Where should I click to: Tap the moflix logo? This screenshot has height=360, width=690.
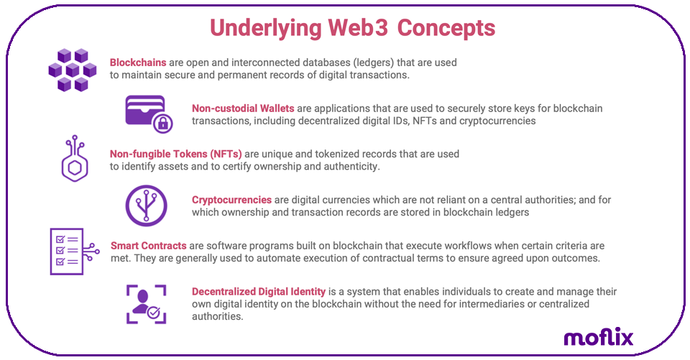click(x=598, y=336)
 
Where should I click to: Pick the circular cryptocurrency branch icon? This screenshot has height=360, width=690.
click(x=146, y=206)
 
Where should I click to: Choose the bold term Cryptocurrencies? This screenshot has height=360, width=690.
click(x=231, y=200)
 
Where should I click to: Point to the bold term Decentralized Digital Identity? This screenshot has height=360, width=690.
click(x=259, y=292)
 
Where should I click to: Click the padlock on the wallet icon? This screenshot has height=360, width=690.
click(x=163, y=124)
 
